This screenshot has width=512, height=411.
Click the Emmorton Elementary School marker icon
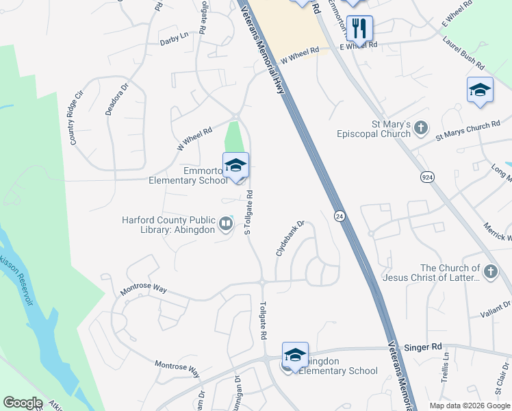coord(235,166)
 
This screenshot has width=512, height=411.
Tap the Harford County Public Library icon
coord(225,223)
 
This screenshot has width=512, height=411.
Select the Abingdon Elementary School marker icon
coord(295,356)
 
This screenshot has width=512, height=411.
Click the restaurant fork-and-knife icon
coord(359,29)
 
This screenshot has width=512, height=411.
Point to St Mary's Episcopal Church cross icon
coord(421,127)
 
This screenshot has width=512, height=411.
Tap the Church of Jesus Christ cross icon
coord(490,273)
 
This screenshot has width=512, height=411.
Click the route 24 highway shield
coord(339,216)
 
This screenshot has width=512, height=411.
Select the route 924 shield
coord(427,177)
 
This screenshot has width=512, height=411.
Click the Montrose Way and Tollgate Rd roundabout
coord(262,281)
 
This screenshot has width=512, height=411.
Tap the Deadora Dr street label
coord(116,100)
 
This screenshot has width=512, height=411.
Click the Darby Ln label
coord(174,36)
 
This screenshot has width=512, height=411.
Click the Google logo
coord(22,403)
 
